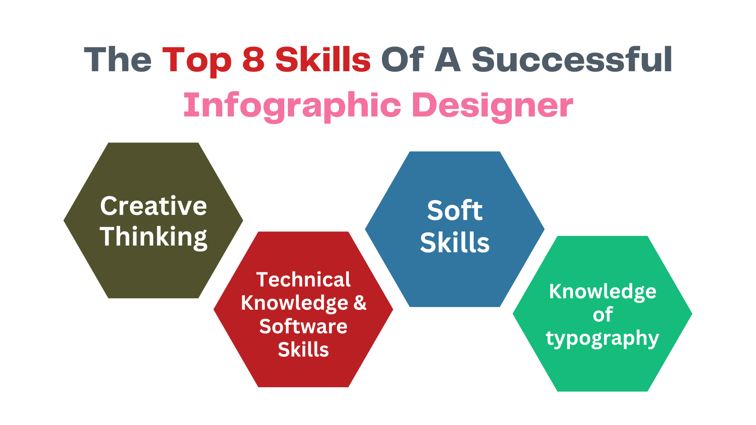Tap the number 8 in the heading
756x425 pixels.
point(253,60)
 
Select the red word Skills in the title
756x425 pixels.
point(323,59)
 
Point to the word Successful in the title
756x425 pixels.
point(572,59)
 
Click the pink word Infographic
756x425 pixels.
point(293,106)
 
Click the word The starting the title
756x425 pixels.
point(118,60)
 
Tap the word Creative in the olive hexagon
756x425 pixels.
point(154,206)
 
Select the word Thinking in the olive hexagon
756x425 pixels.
point(154,237)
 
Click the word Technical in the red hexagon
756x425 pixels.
point(303,280)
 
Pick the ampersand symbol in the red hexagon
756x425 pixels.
point(360,303)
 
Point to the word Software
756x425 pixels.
point(303,327)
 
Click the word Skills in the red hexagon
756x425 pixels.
point(303,349)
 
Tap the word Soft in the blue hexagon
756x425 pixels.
point(455,211)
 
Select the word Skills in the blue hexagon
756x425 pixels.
point(455,242)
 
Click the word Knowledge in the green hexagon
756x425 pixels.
point(603,292)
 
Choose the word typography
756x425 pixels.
point(602,338)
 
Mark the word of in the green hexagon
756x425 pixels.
point(603,314)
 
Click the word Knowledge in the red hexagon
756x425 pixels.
point(295,303)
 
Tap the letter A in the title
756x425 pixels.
point(448,60)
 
